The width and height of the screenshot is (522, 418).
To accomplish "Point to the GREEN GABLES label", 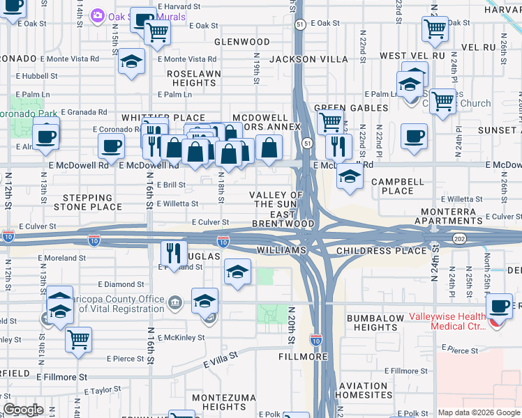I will point(351,109).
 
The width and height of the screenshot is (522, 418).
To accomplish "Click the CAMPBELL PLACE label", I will point(392,186).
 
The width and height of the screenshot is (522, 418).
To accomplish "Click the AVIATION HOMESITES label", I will point(363,390).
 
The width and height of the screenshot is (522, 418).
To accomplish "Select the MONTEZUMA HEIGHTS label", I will point(209,401).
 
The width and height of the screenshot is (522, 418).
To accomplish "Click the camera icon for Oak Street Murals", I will point(98,15).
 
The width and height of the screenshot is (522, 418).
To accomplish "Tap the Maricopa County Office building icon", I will point(174,302).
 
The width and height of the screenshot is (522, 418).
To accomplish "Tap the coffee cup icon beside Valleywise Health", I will point(500,306).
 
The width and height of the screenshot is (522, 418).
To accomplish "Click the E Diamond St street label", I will point(121,284).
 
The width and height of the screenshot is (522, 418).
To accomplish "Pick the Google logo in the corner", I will point(23,410).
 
